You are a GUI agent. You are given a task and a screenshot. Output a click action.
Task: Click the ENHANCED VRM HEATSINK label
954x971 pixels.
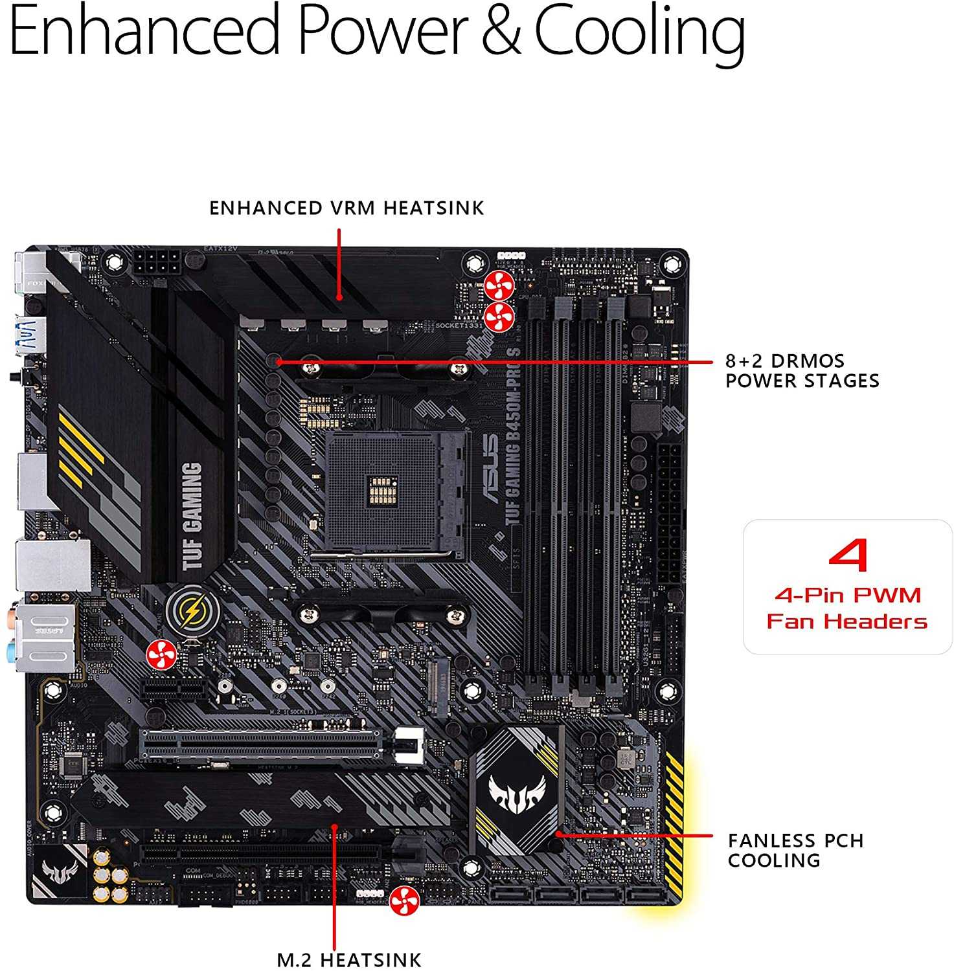pos(346,208)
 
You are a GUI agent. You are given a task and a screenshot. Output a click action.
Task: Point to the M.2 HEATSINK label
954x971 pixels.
pos(349,959)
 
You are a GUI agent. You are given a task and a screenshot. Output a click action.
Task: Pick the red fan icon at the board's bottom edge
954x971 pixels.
pos(404,901)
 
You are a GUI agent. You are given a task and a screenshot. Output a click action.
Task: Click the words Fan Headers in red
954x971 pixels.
pos(846,622)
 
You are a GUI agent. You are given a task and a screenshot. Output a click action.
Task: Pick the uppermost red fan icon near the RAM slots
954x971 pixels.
pos(499,285)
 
